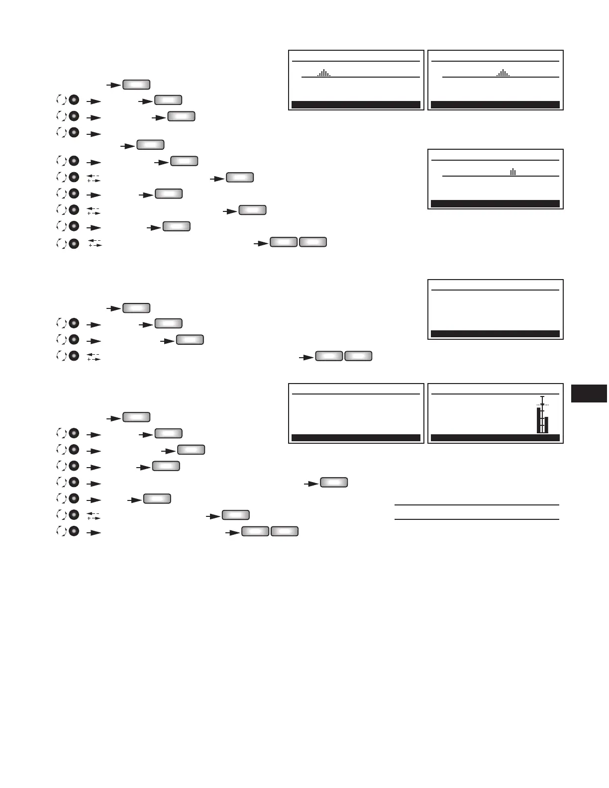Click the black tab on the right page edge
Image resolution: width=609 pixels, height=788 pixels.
(589, 393)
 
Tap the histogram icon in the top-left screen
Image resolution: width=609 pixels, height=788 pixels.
(324, 73)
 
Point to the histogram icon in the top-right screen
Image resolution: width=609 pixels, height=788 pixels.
(503, 73)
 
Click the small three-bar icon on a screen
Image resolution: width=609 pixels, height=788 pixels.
(513, 172)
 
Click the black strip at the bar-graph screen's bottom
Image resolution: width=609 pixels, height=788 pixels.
(495, 438)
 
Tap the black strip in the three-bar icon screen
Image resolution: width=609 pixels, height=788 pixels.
(495, 203)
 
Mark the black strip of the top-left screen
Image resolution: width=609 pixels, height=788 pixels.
(356, 104)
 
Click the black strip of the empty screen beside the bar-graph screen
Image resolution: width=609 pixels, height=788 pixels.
(356, 438)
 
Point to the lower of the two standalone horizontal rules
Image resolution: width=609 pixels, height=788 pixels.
(477, 519)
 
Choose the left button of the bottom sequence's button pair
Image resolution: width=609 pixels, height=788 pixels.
(255, 532)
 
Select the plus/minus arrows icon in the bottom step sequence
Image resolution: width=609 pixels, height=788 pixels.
(94, 515)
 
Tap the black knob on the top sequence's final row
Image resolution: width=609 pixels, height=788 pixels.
(74, 243)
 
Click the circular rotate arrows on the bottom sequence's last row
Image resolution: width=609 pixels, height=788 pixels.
(61, 532)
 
